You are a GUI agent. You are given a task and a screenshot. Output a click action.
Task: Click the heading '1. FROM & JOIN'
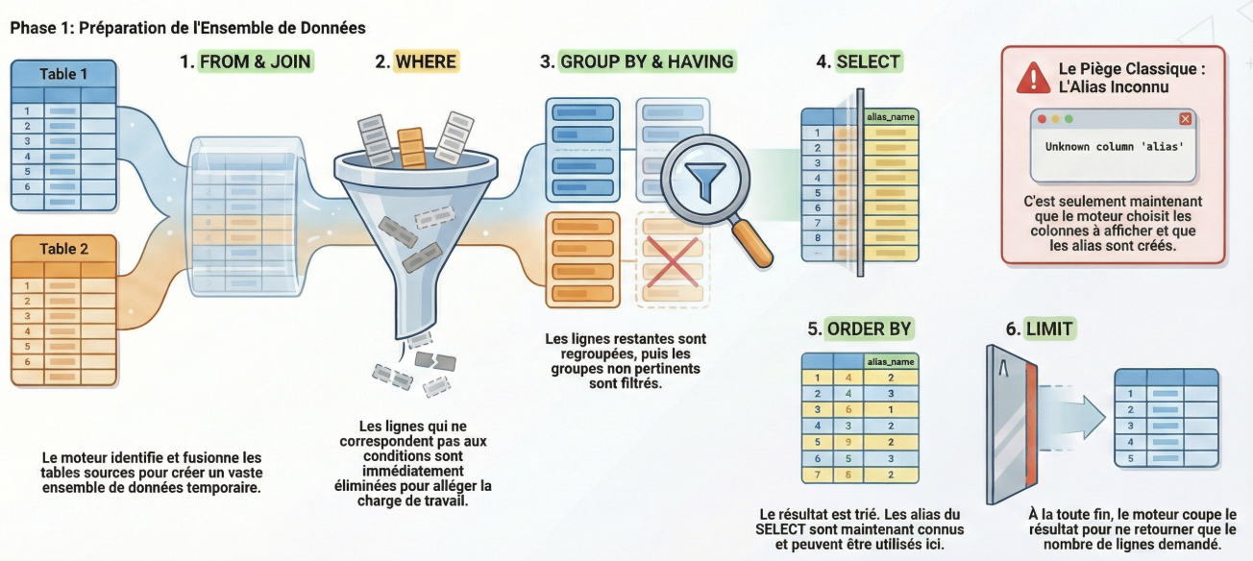click(247, 62)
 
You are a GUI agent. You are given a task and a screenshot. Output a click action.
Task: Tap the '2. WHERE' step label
click(416, 62)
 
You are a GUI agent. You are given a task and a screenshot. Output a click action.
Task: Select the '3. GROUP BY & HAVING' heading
click(637, 62)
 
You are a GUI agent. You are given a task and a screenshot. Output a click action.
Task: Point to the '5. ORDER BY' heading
click(859, 329)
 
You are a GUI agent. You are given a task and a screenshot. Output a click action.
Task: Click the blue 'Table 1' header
click(63, 74)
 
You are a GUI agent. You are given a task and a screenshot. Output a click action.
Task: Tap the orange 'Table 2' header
click(63, 249)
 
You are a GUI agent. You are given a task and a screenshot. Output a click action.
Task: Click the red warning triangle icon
click(1033, 77)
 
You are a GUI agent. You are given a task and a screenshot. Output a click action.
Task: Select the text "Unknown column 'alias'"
click(1114, 147)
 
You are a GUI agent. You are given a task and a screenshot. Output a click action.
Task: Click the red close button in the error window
click(1185, 119)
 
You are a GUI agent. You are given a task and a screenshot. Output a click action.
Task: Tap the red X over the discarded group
click(671, 259)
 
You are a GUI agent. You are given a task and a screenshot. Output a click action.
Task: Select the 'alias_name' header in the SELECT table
click(891, 116)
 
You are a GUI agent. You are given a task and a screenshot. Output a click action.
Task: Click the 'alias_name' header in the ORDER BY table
click(891, 361)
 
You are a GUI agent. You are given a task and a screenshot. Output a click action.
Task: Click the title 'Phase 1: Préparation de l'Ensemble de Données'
click(187, 28)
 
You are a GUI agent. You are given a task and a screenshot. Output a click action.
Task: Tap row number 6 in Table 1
click(27, 185)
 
